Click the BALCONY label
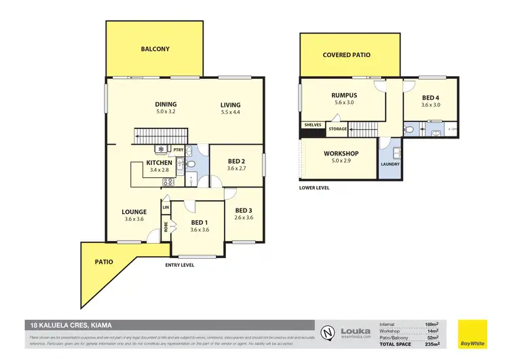155,49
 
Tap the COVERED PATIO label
346,55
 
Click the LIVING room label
230,105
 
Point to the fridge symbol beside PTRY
161,149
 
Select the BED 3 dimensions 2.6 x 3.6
243,217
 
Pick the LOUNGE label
134,212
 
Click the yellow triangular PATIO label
104,262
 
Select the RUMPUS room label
344,95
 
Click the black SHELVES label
312,124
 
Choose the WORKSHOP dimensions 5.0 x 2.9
341,162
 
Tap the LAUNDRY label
390,164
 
